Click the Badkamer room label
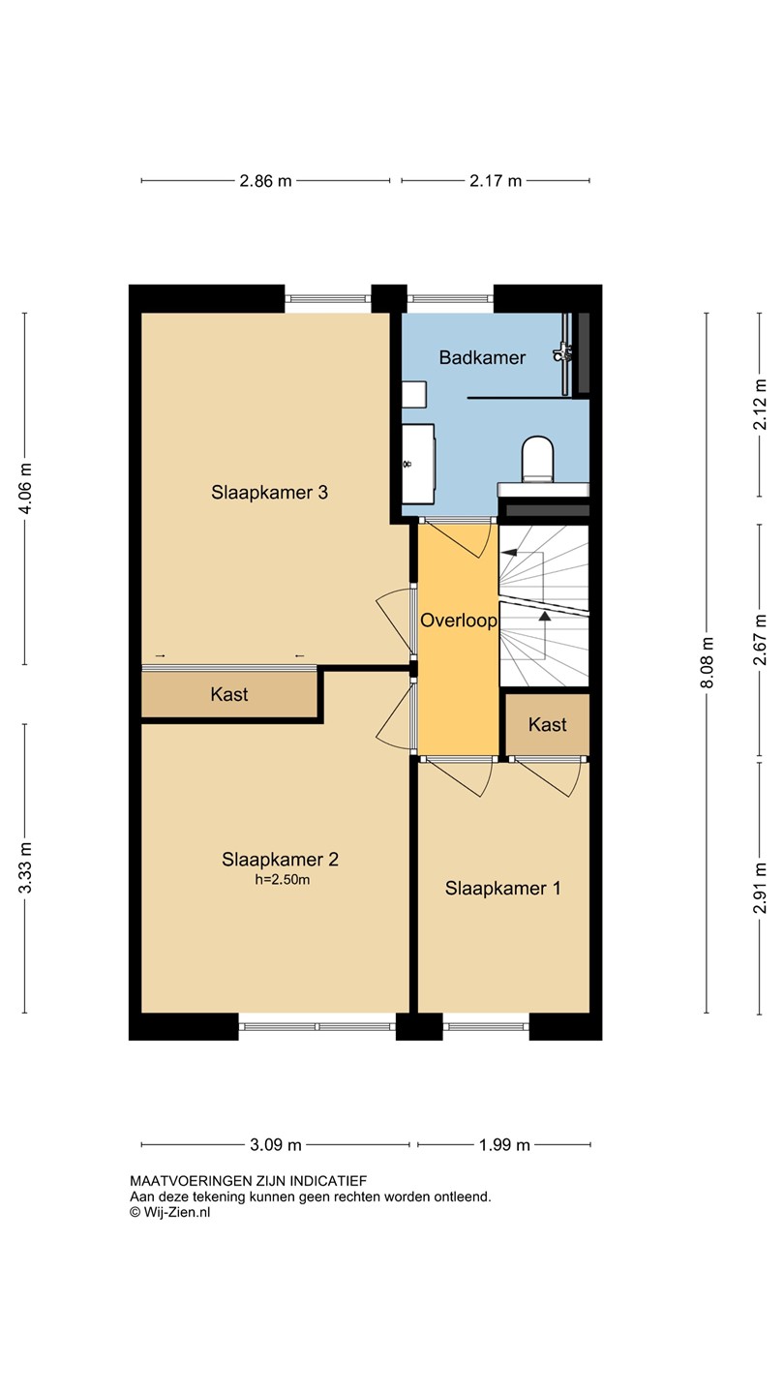click(x=482, y=357)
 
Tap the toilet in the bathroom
click(x=537, y=459)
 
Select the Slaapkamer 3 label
click(x=269, y=492)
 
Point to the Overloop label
click(x=459, y=621)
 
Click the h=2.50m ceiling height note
click(x=283, y=879)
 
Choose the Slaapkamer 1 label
click(x=502, y=888)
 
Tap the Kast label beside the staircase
click(x=548, y=724)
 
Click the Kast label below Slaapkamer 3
click(x=229, y=694)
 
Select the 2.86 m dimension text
click(x=265, y=181)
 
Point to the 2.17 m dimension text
click(x=496, y=181)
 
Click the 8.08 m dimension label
click(x=707, y=663)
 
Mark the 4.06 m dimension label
click(x=25, y=489)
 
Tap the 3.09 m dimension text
click(x=276, y=1144)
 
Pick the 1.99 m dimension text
click(x=504, y=1144)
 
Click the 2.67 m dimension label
click(x=760, y=640)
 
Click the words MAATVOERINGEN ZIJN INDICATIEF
click(x=248, y=1181)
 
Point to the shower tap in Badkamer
click(x=562, y=352)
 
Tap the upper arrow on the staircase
click(x=509, y=552)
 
